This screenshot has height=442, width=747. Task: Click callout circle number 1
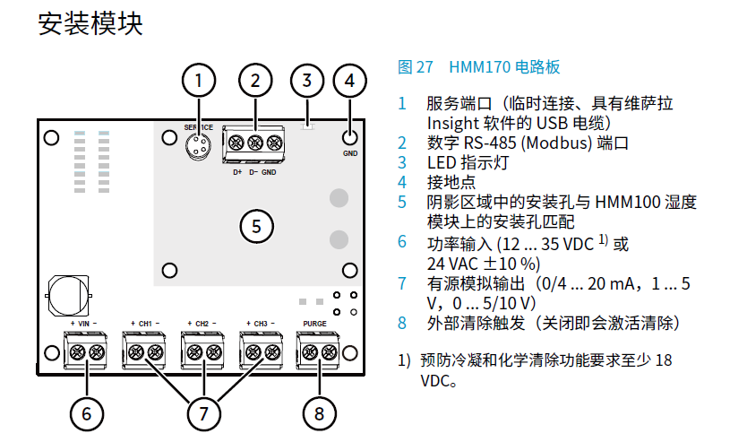pyautogui.click(x=200, y=81)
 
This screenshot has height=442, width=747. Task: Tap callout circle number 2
pyautogui.click(x=255, y=81)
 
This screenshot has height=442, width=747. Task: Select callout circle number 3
pyautogui.click(x=306, y=81)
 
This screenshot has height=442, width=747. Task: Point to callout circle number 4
pyautogui.click(x=349, y=81)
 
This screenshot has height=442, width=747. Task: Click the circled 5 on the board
pyautogui.click(x=256, y=226)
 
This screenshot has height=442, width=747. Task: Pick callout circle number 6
pyautogui.click(x=87, y=413)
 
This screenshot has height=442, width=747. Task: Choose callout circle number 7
pyautogui.click(x=203, y=413)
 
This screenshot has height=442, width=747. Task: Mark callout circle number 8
pyautogui.click(x=319, y=413)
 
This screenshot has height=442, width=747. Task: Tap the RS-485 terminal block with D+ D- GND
pyautogui.click(x=254, y=143)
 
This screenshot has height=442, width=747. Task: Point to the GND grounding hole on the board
pyautogui.click(x=349, y=137)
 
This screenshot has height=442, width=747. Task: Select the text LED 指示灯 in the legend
pyautogui.click(x=467, y=162)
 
